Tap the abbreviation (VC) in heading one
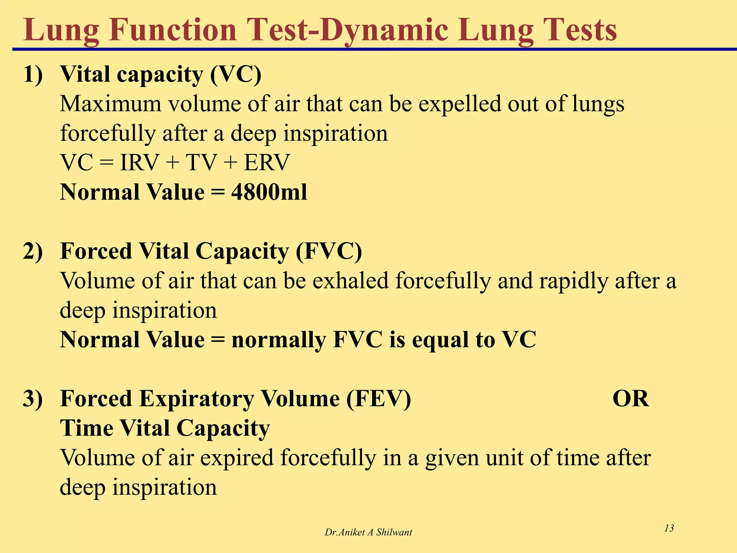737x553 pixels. click(236, 75)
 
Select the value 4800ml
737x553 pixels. click(269, 192)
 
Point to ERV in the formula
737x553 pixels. click(267, 162)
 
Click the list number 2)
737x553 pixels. click(33, 251)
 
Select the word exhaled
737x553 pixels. click(351, 280)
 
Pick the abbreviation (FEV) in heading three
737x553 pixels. click(379, 399)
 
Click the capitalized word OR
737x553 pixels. click(630, 399)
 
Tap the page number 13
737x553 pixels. click(669, 528)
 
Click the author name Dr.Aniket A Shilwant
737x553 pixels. click(368, 532)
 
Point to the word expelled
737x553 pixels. click(460, 104)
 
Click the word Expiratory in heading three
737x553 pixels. click(196, 399)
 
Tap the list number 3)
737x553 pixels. click(33, 399)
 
